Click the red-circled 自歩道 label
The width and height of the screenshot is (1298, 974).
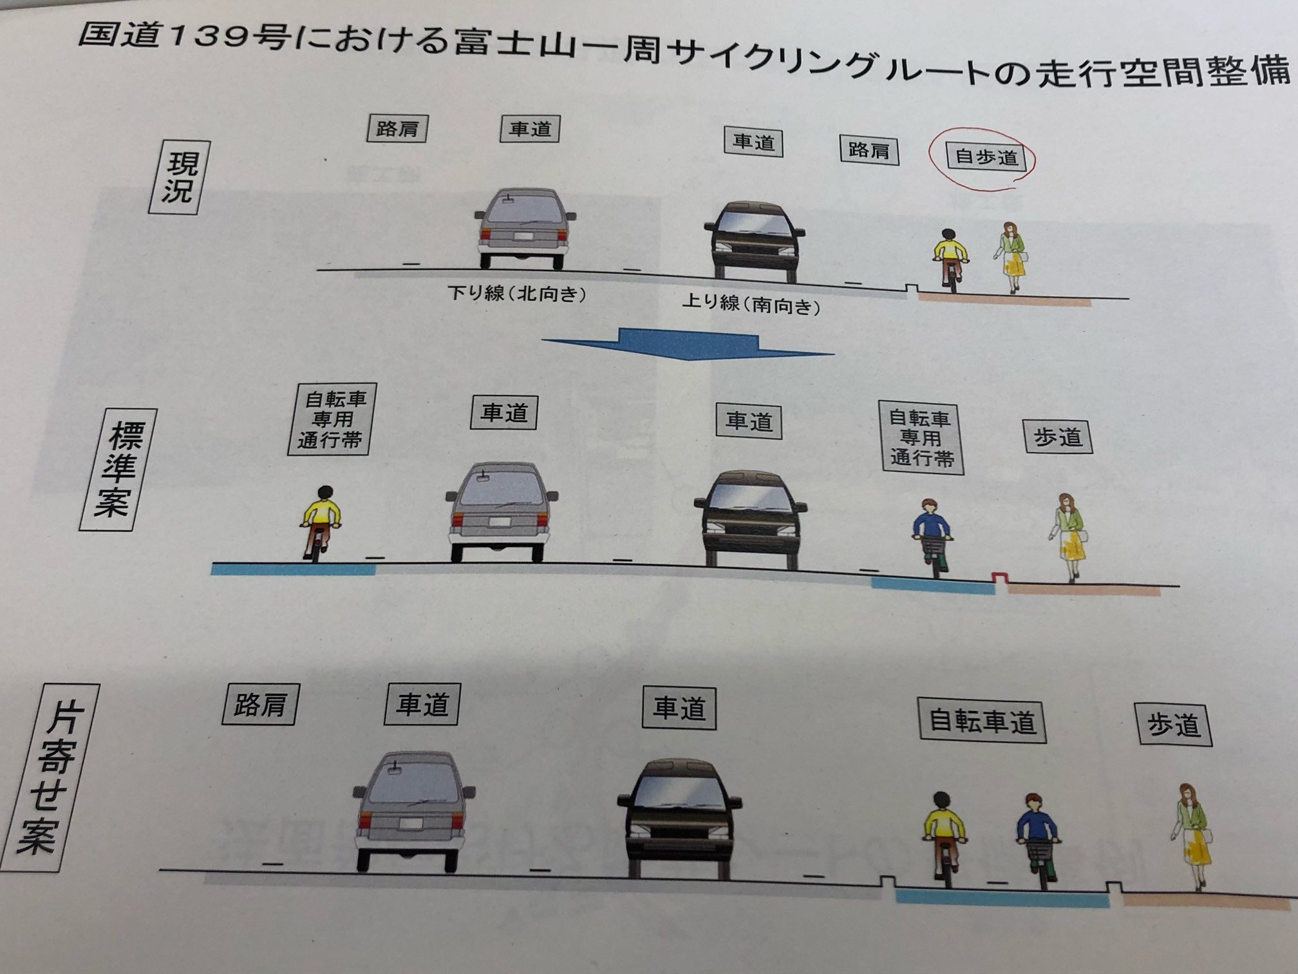tap(985, 157)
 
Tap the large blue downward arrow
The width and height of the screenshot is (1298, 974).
tap(688, 345)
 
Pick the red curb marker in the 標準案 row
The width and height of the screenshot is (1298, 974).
tap(999, 577)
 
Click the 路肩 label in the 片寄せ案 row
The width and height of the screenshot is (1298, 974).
tap(259, 705)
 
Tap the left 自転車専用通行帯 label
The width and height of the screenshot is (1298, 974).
tap(332, 419)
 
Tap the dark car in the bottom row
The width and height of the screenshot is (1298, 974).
tap(679, 818)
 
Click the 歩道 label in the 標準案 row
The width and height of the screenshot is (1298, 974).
tap(1057, 438)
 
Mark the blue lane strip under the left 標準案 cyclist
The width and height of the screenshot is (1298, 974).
tap(293, 569)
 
